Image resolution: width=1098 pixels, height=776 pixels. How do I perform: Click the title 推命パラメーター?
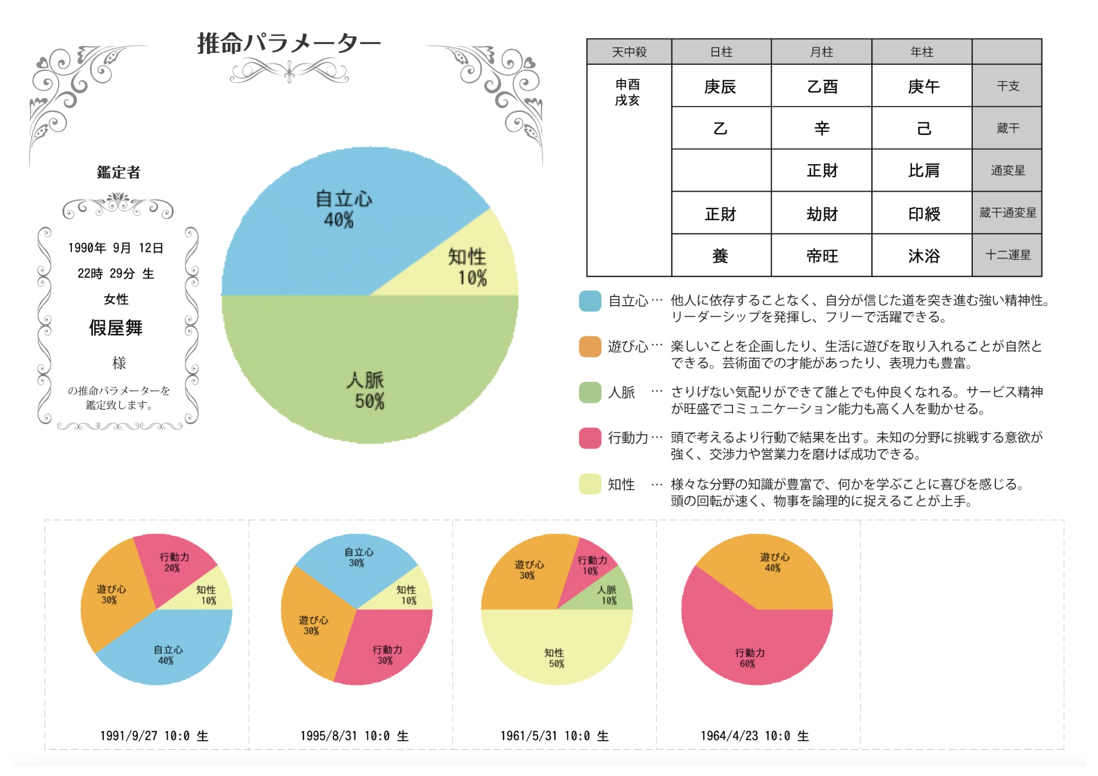pyautogui.click(x=289, y=43)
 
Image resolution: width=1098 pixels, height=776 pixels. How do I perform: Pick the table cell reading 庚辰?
pyautogui.click(x=720, y=86)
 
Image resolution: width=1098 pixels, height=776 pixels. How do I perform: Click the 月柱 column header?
pyautogui.click(x=821, y=52)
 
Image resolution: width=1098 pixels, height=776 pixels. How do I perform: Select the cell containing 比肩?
pyautogui.click(x=923, y=171)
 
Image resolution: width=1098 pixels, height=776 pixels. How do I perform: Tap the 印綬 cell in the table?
pyautogui.click(x=923, y=213)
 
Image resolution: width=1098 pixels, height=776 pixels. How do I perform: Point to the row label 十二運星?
pyautogui.click(x=1007, y=255)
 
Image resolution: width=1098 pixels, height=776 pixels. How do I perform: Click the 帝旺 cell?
pyautogui.click(x=822, y=256)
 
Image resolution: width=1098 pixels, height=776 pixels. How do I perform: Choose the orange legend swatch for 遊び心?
pyautogui.click(x=590, y=346)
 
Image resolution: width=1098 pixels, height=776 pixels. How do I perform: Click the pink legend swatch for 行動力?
pyautogui.click(x=590, y=438)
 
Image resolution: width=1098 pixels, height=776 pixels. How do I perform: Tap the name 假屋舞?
pyautogui.click(x=116, y=328)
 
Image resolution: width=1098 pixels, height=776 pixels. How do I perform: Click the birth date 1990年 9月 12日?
pyautogui.click(x=116, y=248)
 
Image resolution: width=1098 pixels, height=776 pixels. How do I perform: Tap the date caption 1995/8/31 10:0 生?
pyautogui.click(x=354, y=736)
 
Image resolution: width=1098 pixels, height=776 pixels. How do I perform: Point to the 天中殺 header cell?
pyautogui.click(x=629, y=52)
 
